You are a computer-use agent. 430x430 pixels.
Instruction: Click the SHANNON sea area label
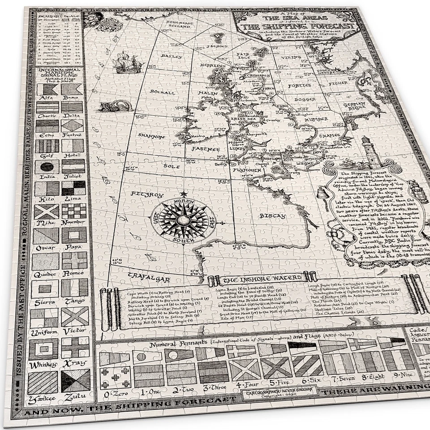click(152, 137)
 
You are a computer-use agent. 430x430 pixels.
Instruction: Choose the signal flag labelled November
click(74, 211)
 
